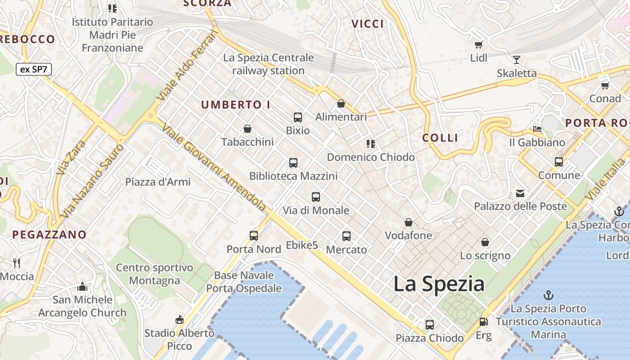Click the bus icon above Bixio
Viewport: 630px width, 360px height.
297,117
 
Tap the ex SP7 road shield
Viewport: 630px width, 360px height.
34,69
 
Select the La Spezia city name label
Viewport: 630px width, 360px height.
439,284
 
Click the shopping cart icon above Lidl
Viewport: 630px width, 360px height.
479,45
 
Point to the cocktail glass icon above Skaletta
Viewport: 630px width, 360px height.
516,59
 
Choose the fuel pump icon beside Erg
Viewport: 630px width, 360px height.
483,322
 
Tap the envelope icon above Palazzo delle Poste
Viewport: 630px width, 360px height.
520,193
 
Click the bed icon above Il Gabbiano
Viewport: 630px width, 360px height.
537,129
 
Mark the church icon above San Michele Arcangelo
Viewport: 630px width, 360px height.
82,287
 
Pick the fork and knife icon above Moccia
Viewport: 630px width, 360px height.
17,263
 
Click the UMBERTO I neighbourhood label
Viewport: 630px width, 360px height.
236,105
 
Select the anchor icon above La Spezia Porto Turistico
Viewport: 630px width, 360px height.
548,295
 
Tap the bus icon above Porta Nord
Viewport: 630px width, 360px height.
254,235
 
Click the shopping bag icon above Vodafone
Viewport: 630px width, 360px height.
408,222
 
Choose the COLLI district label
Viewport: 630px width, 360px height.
440,138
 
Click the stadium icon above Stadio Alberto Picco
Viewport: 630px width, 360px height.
179,319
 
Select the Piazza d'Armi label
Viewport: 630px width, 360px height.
158,182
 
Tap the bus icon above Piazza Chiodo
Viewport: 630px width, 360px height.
430,324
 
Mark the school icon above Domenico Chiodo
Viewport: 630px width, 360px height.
371,144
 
